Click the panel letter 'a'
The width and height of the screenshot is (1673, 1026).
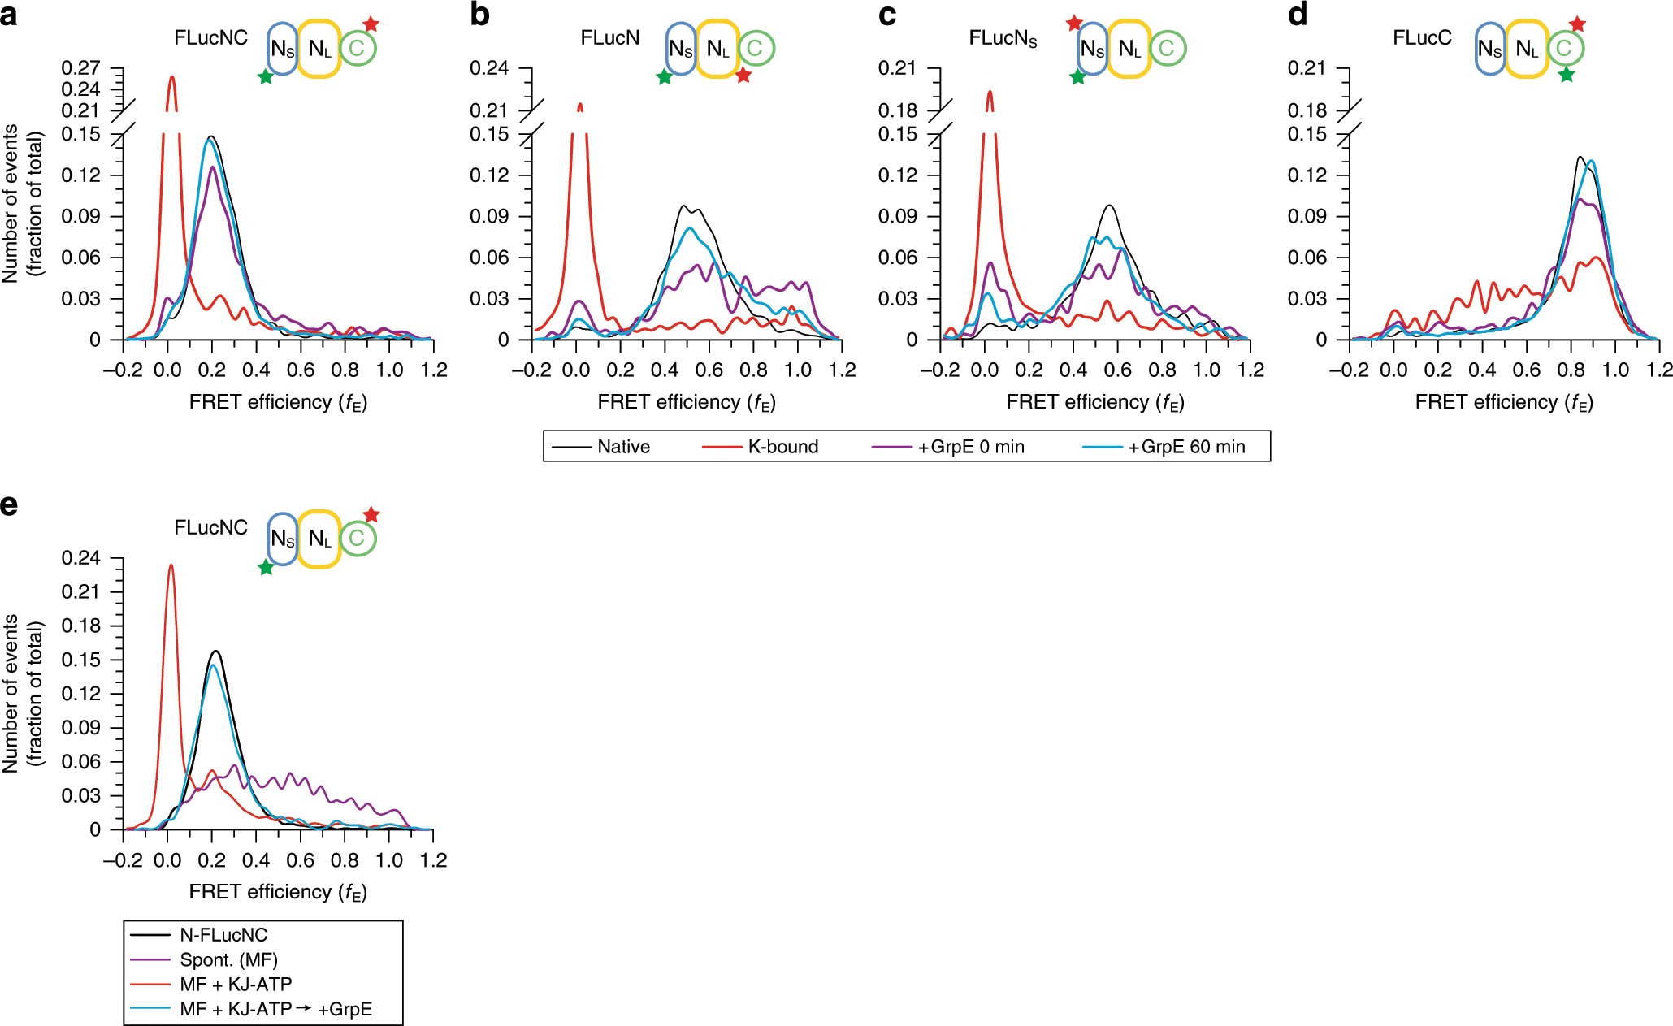point(10,15)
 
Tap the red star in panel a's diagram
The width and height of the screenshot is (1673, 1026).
point(371,24)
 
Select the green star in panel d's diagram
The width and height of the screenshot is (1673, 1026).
point(1567,75)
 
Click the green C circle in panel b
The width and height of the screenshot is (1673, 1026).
point(756,48)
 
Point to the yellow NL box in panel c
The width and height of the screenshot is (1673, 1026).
point(1129,49)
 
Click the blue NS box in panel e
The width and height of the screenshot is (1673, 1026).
point(282,539)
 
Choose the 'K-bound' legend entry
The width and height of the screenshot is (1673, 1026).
point(782,447)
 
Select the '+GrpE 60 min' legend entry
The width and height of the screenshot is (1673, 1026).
point(1185,447)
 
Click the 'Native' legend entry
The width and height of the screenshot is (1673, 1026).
point(623,447)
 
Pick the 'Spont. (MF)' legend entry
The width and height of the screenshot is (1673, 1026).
point(228,959)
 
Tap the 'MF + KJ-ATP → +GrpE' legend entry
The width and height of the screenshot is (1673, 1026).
point(275,1009)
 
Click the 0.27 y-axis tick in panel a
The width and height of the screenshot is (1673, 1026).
point(80,68)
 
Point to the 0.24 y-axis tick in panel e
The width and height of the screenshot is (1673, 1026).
point(80,558)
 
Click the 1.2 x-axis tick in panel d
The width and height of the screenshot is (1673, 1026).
point(1659,370)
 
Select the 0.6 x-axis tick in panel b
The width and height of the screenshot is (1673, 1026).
point(709,370)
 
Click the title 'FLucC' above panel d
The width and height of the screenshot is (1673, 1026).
point(1421,38)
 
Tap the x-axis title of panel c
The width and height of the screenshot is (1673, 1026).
point(1094,402)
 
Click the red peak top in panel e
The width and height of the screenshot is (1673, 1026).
point(171,565)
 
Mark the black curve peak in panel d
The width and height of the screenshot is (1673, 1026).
point(1580,158)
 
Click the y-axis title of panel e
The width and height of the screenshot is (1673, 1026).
point(22,693)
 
